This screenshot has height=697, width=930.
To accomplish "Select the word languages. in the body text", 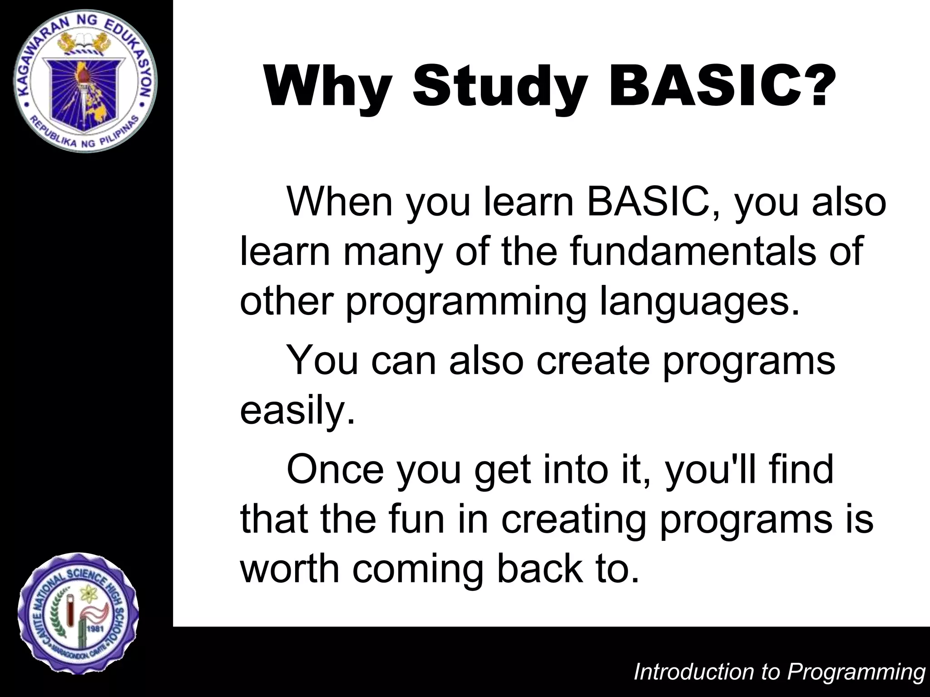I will pyautogui.click(x=699, y=302).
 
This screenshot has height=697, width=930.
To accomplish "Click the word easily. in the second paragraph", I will pyautogui.click(x=297, y=411).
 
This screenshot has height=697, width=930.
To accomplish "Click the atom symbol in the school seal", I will pyautogui.click(x=86, y=592).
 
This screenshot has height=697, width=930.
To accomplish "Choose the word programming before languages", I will pyautogui.click(x=466, y=302).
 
